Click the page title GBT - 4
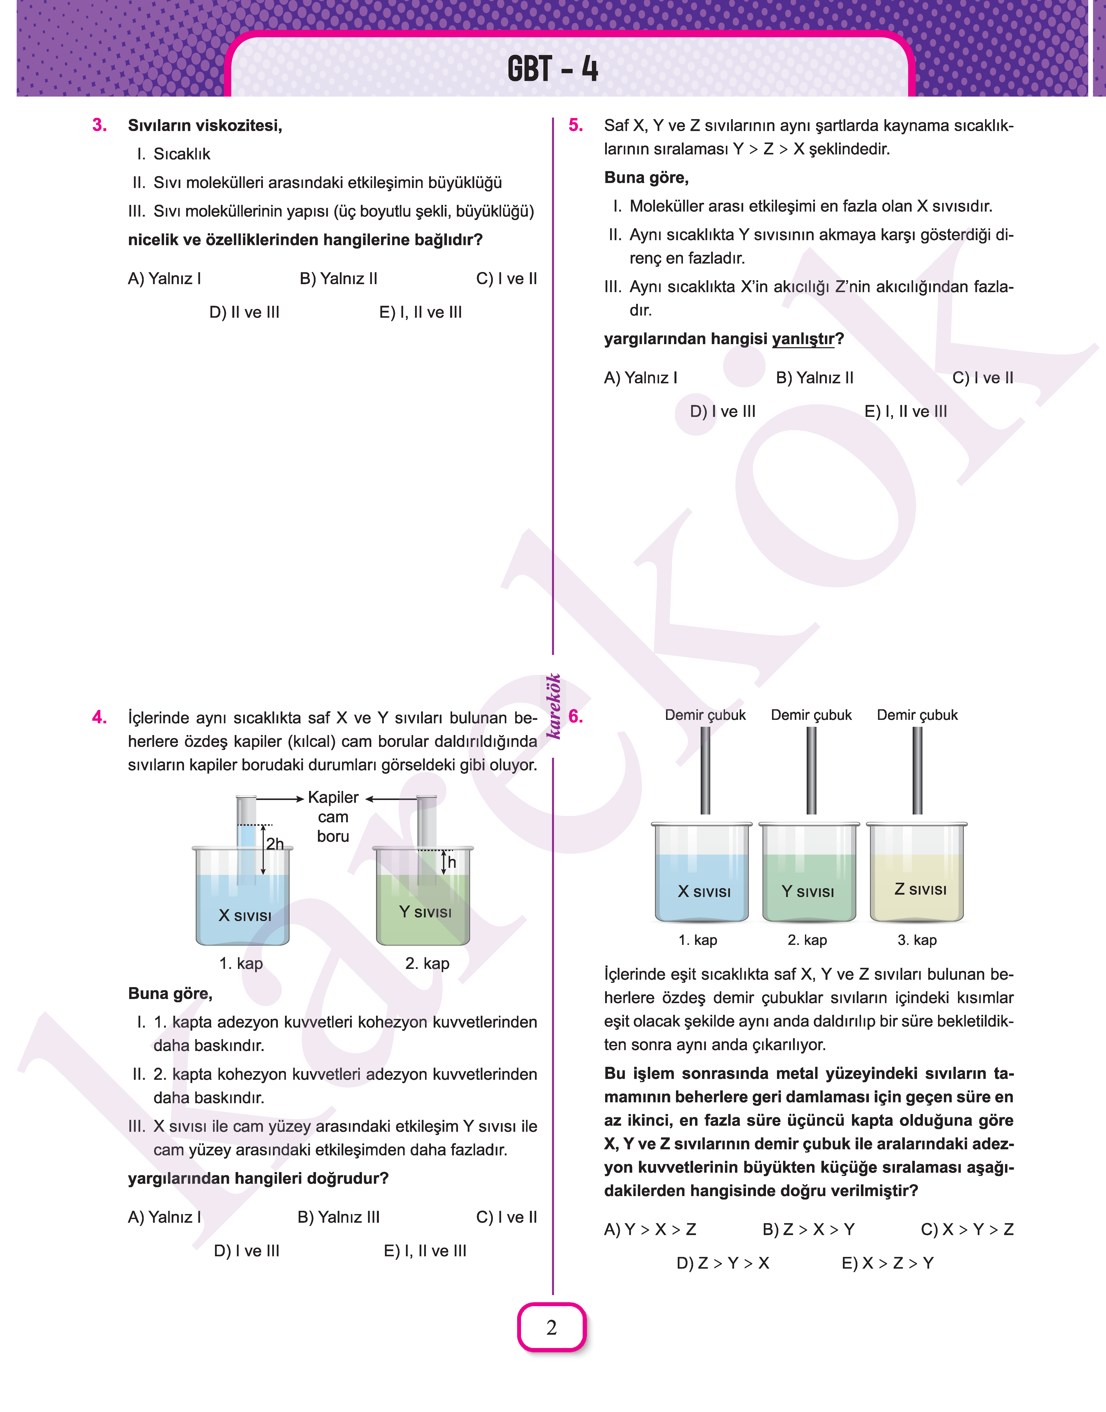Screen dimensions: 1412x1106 (552, 69)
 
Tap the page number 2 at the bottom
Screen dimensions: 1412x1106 (552, 1327)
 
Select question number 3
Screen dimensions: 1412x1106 (100, 125)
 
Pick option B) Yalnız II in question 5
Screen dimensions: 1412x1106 (815, 378)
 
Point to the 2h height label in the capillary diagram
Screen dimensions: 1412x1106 (275, 844)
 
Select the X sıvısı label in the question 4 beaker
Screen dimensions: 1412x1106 (245, 916)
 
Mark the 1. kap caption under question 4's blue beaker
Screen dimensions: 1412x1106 (241, 963)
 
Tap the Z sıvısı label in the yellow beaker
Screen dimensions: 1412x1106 (920, 890)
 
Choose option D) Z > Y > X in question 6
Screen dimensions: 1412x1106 (723, 1263)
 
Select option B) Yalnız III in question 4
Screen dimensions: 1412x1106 (339, 1217)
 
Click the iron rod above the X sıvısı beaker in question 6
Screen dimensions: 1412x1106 (705, 770)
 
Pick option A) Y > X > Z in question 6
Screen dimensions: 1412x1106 (650, 1229)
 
